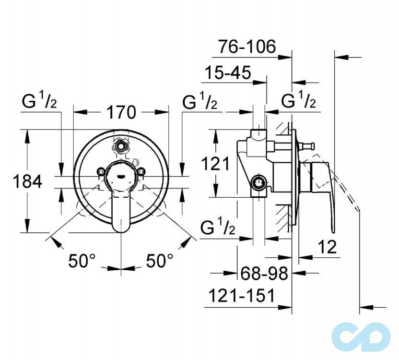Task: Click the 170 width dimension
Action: pos(121,112)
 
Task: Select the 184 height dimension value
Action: pos(27,181)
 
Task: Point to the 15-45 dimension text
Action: pos(228,73)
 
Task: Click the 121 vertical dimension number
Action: pos(214,164)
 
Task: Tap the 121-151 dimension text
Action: pos(241,296)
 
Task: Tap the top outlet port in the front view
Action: pos(121,145)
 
